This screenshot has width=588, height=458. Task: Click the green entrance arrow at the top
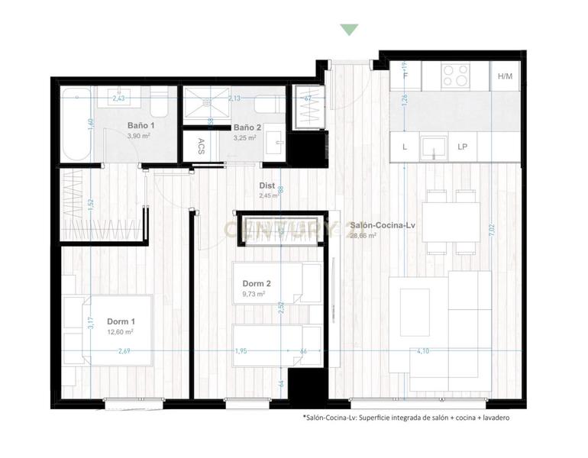point(349,30)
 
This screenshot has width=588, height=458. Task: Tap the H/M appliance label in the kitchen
point(505,76)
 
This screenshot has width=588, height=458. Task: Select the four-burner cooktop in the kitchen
point(456,75)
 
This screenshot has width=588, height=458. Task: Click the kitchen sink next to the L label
point(434,145)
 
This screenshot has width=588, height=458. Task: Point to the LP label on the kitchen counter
point(463,147)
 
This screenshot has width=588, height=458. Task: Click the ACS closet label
point(201,146)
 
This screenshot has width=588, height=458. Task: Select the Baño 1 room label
point(141,125)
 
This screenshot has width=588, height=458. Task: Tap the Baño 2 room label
point(247,127)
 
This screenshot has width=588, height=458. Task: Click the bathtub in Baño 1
point(76,124)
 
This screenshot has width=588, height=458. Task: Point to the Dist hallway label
point(267,185)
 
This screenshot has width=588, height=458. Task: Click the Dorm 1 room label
point(122,321)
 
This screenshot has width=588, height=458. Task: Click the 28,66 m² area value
point(363,236)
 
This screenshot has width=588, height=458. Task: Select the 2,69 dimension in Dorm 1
point(124,351)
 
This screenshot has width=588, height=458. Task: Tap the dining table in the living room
point(451,222)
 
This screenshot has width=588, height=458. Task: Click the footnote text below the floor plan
point(405,418)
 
